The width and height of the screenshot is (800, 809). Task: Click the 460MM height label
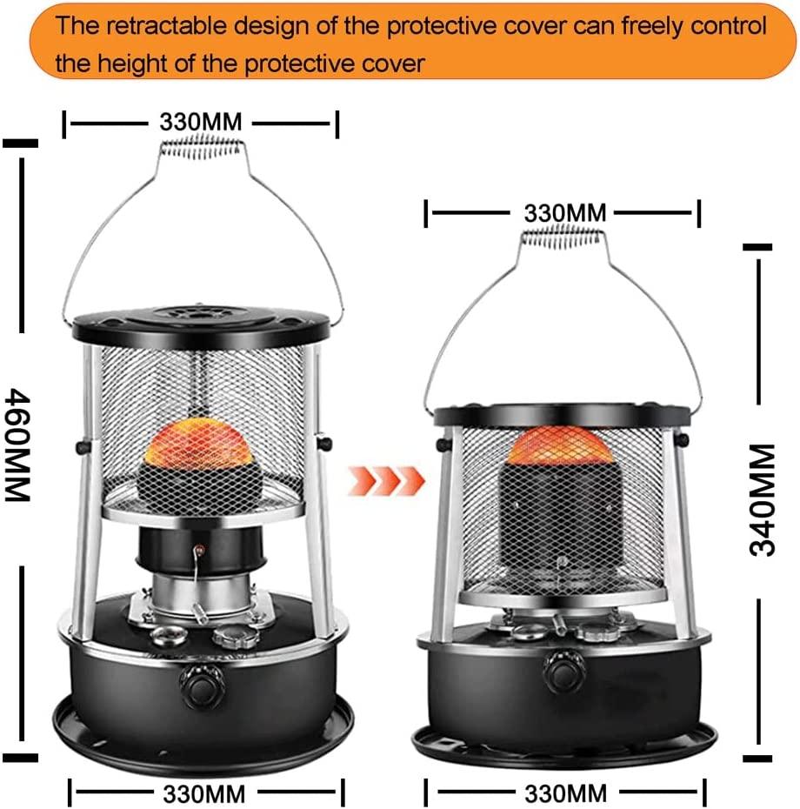(x=18, y=445)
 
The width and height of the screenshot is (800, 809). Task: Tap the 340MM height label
(x=763, y=500)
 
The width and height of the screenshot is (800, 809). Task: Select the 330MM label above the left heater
(x=201, y=123)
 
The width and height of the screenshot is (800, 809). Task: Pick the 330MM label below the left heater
(x=204, y=793)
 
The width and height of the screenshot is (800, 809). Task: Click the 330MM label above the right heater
(x=565, y=212)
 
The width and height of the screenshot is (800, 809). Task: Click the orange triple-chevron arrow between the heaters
(x=386, y=481)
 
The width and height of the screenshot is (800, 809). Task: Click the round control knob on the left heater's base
(x=202, y=686)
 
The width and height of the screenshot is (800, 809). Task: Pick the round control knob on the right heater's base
(x=565, y=671)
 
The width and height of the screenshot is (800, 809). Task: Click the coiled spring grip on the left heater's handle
(x=201, y=145)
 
